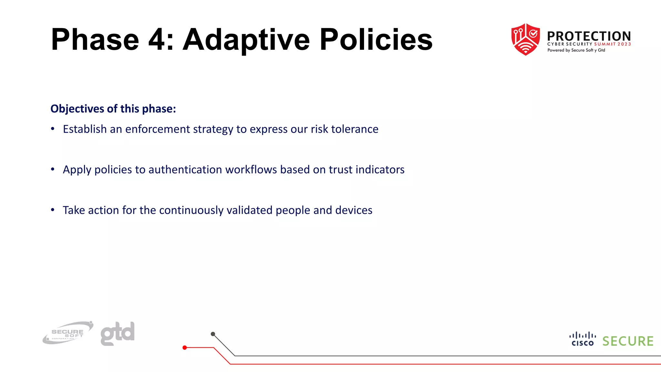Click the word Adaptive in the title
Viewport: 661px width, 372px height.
pyautogui.click(x=247, y=40)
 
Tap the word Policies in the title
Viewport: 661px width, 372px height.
pyautogui.click(x=376, y=40)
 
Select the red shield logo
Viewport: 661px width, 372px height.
pyautogui.click(x=525, y=39)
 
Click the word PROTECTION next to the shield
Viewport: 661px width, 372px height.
pyautogui.click(x=589, y=36)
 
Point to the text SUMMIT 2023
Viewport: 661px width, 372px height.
pyautogui.click(x=612, y=44)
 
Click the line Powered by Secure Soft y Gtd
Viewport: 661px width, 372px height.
pyautogui.click(x=576, y=50)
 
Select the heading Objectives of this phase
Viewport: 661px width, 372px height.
pyautogui.click(x=113, y=109)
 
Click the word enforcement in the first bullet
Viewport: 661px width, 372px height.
pyautogui.click(x=158, y=129)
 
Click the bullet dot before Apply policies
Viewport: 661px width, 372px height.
pyautogui.click(x=53, y=170)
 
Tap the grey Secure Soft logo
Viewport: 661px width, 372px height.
pyautogui.click(x=68, y=333)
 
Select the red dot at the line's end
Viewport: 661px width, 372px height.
pyautogui.click(x=185, y=348)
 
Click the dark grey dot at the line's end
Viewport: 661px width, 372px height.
pyautogui.click(x=213, y=334)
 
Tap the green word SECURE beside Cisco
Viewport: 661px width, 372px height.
pyautogui.click(x=628, y=341)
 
